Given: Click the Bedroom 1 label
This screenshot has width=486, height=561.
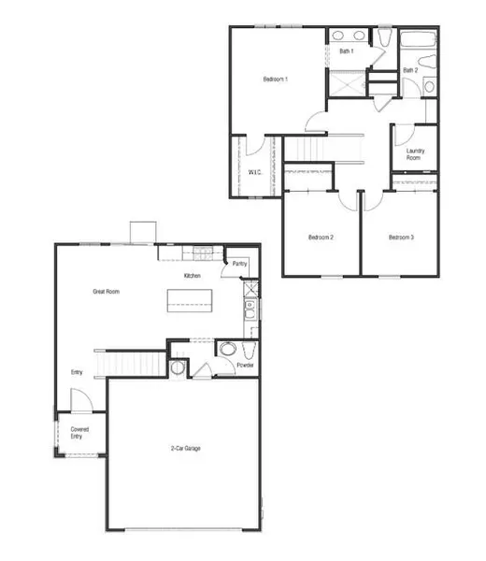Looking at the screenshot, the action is (x=276, y=79).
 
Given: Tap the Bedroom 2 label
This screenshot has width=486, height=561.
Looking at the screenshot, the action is (x=321, y=237).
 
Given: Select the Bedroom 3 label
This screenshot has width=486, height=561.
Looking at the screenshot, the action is (x=401, y=237).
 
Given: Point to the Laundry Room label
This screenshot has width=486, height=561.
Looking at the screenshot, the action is (x=415, y=154).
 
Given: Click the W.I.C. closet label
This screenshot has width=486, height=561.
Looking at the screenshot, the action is (x=255, y=172).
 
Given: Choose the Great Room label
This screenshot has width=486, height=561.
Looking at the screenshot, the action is (x=107, y=292).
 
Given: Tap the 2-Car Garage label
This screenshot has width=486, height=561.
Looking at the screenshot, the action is (x=186, y=448).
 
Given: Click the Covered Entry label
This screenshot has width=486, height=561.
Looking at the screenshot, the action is (x=79, y=433).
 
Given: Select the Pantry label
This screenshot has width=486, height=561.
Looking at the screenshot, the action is (x=239, y=264).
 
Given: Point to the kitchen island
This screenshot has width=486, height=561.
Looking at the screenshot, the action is (x=190, y=300).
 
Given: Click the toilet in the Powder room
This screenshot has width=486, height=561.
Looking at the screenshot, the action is (x=249, y=350).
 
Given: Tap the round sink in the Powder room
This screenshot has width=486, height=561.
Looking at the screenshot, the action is (x=228, y=349).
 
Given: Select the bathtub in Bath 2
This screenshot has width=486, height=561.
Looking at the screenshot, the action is (x=418, y=39).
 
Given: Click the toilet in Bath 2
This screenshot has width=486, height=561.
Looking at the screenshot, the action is (x=427, y=61).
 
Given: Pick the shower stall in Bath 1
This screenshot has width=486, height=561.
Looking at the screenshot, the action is (x=347, y=83).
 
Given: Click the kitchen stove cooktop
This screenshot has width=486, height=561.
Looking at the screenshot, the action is (x=203, y=253).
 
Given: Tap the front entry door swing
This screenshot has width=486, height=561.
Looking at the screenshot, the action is (x=82, y=399).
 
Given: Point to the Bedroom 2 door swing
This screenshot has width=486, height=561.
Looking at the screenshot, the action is (x=348, y=201).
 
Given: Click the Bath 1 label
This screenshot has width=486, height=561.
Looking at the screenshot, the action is (x=346, y=51).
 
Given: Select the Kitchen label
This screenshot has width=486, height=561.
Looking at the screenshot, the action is (x=192, y=276).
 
